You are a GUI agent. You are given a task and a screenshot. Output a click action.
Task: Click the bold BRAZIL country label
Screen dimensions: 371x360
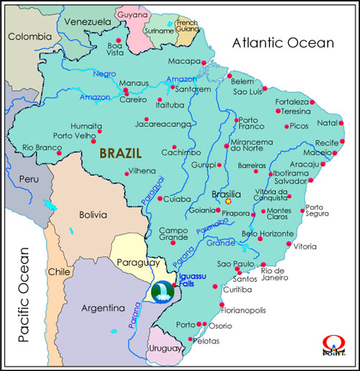[x=120, y=153]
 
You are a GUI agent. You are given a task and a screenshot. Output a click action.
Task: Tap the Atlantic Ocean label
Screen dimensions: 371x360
[x=282, y=43]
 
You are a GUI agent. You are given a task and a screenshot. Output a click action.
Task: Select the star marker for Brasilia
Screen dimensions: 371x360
[x=228, y=201]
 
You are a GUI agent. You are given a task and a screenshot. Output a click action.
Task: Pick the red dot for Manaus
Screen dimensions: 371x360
[x=126, y=92]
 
